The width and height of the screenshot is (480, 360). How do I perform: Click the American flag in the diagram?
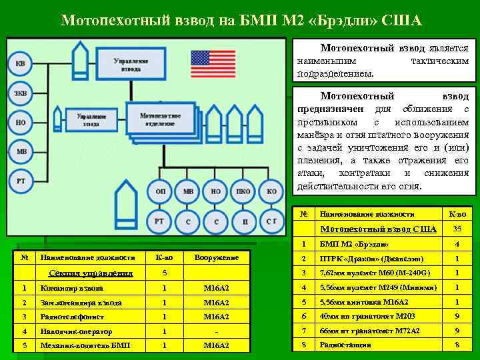point(213,64)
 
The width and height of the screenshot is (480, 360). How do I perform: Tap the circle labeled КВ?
point(21,64)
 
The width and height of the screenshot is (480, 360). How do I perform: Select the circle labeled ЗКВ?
point(21,93)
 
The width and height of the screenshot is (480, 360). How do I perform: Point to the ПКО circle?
point(243,192)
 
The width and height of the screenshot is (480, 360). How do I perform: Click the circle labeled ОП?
point(161,192)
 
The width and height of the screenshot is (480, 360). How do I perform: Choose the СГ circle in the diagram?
point(271,221)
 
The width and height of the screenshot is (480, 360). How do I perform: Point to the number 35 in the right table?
point(457,229)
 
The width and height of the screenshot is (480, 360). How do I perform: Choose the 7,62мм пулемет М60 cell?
point(375,273)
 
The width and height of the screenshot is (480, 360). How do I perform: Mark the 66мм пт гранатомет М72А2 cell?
point(375,331)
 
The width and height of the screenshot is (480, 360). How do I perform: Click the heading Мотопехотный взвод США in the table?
point(378,229)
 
